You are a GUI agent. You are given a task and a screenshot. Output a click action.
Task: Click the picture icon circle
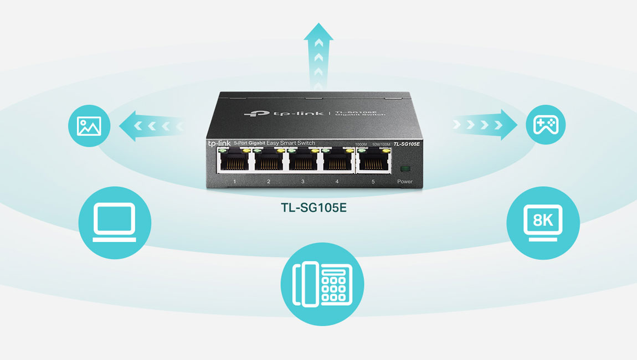click(x=89, y=126)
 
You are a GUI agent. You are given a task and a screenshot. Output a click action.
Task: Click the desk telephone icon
click(x=322, y=284)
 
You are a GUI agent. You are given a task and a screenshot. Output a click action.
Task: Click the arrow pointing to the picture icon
click(x=152, y=125)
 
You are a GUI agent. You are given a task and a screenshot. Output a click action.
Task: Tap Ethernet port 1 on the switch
click(x=235, y=162)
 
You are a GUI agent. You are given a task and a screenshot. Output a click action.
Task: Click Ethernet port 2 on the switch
click(x=269, y=162)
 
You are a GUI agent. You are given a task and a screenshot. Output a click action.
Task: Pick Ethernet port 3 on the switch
click(x=303, y=162)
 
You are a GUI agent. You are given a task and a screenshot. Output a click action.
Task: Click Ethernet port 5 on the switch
click(x=373, y=162)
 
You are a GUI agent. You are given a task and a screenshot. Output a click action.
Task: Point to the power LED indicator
click(x=405, y=168)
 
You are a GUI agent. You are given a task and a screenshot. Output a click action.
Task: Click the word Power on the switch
click(x=405, y=181)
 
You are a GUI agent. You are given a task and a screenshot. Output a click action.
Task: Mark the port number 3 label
click(x=302, y=181)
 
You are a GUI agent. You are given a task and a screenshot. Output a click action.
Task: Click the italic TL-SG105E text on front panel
click(x=407, y=144)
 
